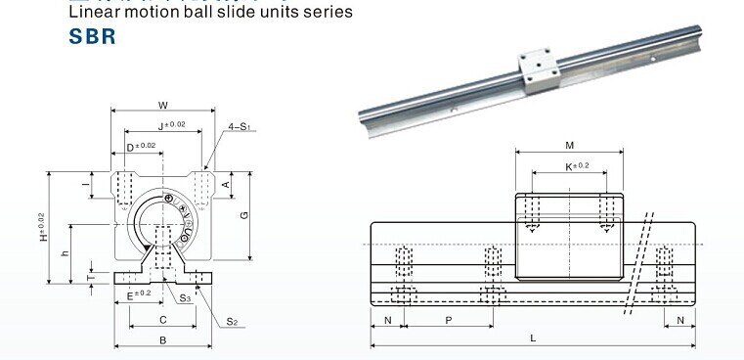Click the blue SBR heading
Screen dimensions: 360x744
click(93, 36)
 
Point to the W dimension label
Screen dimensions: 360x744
click(162, 105)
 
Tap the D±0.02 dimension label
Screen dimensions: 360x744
click(141, 146)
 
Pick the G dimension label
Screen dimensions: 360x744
click(244, 214)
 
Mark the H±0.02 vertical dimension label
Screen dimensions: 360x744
click(42, 228)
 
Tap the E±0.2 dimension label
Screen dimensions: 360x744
click(138, 292)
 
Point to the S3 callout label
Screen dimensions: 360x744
click(185, 298)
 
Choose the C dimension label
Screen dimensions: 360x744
click(161, 320)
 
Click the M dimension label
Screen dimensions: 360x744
click(569, 146)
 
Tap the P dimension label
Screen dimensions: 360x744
click(448, 320)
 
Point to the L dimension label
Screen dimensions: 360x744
click(532, 338)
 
